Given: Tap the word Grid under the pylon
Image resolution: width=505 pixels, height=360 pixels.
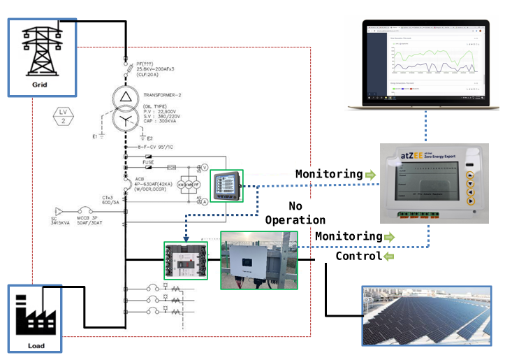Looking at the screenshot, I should [40, 85].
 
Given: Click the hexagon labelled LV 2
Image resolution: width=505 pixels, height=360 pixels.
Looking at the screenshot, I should [61, 116].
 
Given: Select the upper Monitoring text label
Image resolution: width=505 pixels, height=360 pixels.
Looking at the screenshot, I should [328, 173].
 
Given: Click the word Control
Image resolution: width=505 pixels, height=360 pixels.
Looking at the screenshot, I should [358, 256].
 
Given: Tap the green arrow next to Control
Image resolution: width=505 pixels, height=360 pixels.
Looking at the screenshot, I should [388, 256].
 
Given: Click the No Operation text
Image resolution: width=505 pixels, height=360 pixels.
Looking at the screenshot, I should [295, 213].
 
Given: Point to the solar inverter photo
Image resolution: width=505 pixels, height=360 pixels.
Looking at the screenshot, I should [259, 260].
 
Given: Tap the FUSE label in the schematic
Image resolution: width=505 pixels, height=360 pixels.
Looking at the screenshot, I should [149, 162].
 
